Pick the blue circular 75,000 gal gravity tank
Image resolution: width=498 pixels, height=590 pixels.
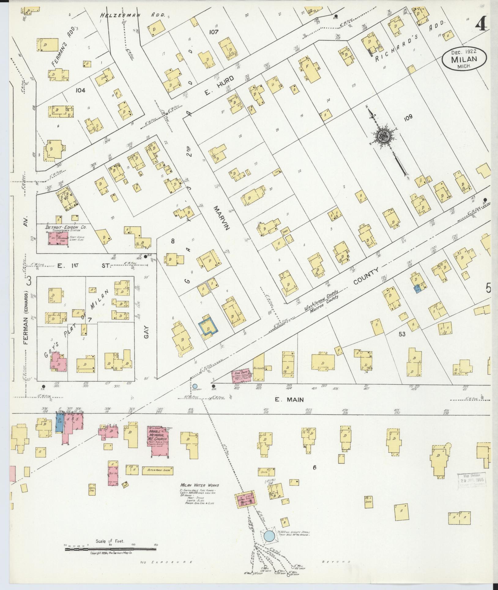coord(269,510)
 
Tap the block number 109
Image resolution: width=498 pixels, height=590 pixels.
coord(408,117)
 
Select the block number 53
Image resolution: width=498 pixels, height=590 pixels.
coord(402,334)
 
